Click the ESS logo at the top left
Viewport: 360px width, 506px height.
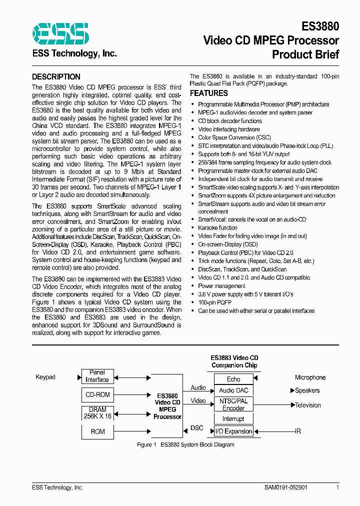(60, 33)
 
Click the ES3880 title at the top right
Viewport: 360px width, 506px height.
(320, 26)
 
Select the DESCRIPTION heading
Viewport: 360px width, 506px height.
(56, 77)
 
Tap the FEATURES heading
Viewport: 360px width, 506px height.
(208, 93)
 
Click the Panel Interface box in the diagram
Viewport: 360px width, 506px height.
(97, 376)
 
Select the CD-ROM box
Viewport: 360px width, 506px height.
(97, 394)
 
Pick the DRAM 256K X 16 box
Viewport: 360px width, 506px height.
(97, 413)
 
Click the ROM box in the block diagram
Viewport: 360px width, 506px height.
(97, 431)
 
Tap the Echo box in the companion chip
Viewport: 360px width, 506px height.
(233, 379)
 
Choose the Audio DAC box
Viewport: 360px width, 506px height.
(233, 390)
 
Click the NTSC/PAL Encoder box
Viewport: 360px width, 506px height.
(233, 404)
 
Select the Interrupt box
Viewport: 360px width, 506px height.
(233, 418)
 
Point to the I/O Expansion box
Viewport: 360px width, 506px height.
(233, 431)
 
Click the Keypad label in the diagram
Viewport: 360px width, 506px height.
(45, 377)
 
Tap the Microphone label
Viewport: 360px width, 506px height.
(310, 377)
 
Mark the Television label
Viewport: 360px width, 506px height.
(307, 405)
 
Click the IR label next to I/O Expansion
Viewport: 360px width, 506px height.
(298, 431)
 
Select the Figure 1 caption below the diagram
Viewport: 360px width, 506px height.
(185, 444)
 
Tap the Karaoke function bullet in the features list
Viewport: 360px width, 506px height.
(217, 227)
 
